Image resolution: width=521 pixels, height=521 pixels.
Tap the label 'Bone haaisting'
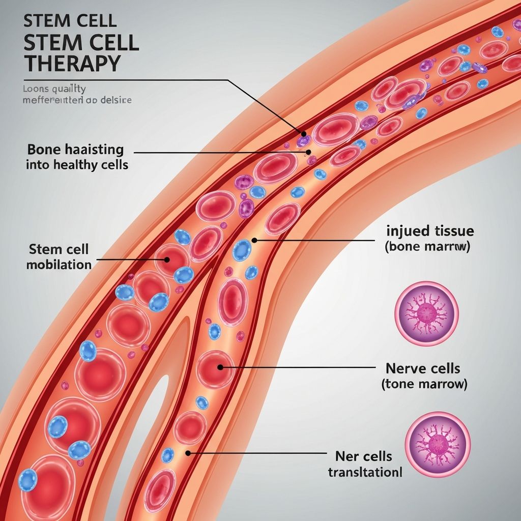coord(75,150)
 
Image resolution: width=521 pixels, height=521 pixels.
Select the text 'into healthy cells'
coord(76,164)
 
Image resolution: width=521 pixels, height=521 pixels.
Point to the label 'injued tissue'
coord(430,231)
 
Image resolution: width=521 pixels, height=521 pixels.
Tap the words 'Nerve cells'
coord(423,368)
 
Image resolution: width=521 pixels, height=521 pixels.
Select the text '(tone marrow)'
coord(424,384)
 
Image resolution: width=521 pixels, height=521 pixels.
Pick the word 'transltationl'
coord(365,472)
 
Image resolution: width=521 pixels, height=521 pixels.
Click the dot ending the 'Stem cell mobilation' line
coord(166,259)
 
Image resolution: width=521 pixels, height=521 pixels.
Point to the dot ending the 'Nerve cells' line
coord(220,366)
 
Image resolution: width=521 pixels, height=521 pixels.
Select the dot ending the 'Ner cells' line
coord(188,452)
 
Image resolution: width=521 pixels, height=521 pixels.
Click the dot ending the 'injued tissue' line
coord(254,240)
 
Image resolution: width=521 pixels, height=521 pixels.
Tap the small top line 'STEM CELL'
coord(70,21)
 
